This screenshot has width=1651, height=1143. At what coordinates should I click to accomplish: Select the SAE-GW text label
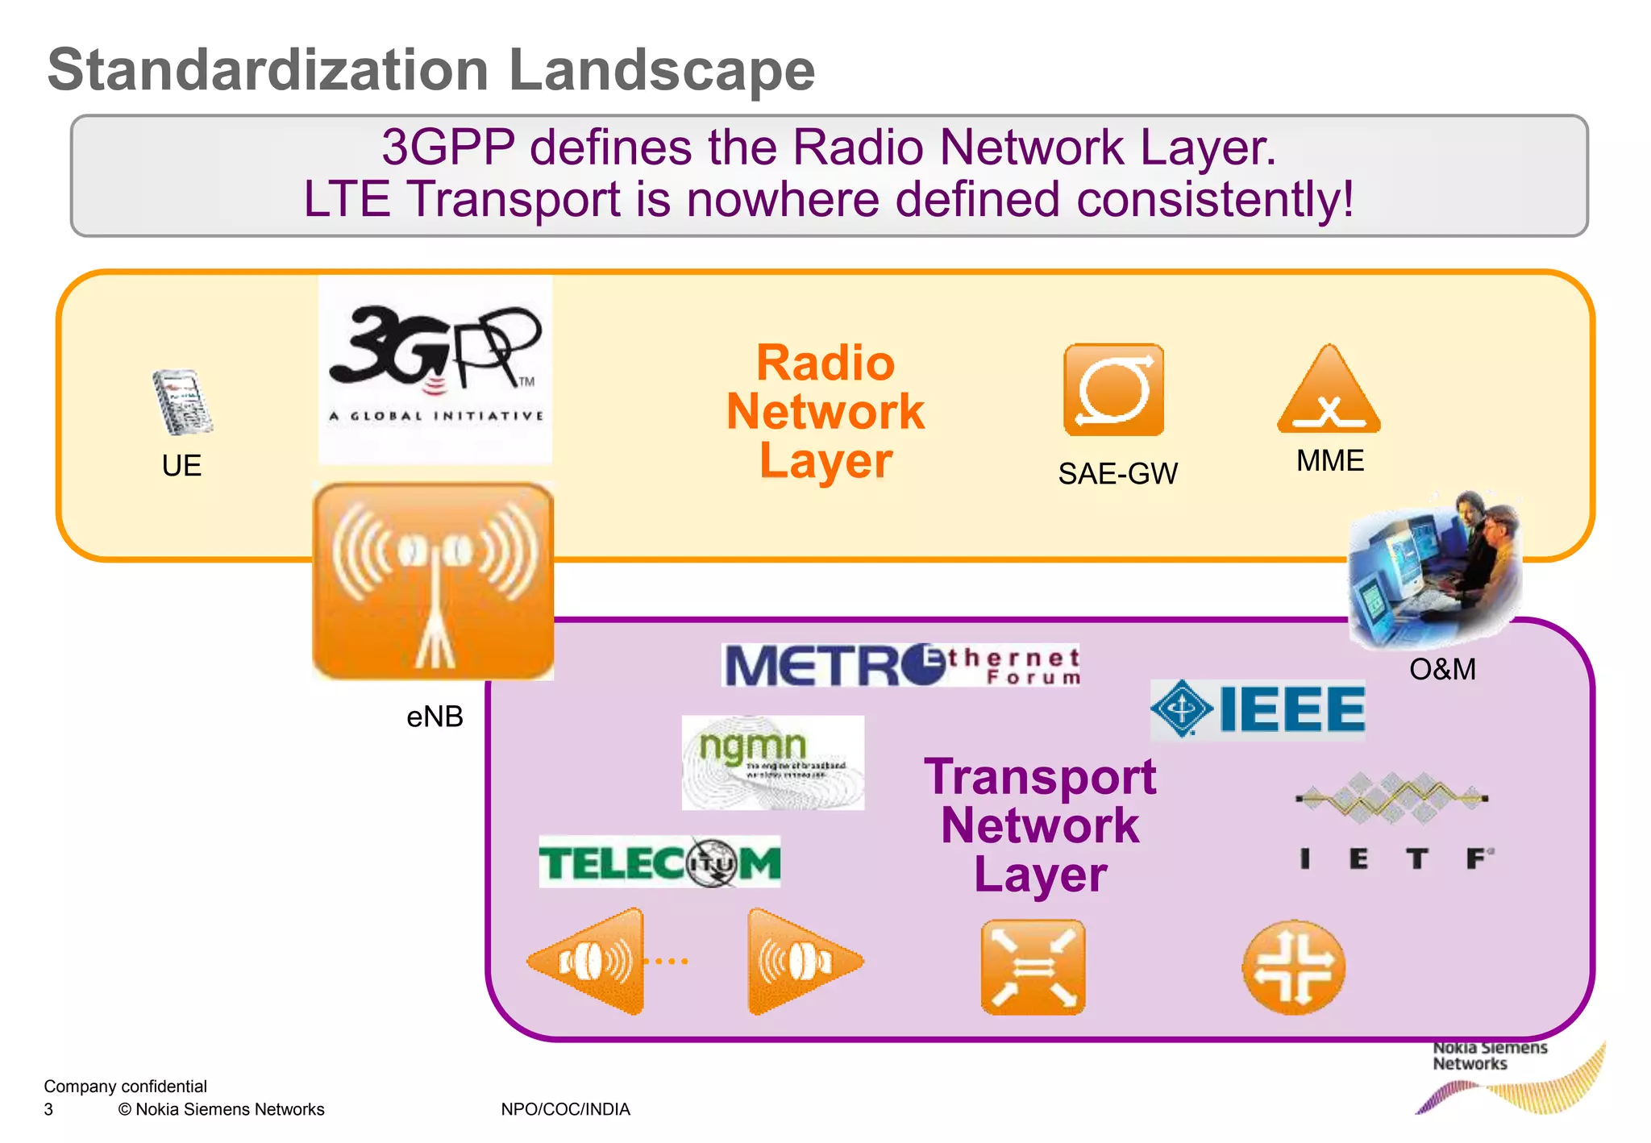click(x=1117, y=474)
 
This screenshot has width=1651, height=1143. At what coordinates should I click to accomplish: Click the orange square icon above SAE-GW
click(x=1113, y=389)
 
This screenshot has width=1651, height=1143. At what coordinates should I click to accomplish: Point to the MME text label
click(x=1329, y=461)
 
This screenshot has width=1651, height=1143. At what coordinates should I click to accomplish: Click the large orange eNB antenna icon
click(x=433, y=580)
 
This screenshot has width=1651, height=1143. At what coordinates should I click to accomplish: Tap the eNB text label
click(x=435, y=717)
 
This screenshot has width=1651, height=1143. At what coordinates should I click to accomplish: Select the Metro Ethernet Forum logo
click(x=900, y=666)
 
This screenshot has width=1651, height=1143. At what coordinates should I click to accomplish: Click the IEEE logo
click(x=1258, y=709)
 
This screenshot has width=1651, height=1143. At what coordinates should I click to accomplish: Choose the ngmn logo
click(x=772, y=762)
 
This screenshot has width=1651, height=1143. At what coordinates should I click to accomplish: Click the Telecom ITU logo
click(x=659, y=862)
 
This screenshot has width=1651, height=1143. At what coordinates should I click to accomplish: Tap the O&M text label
click(x=1442, y=670)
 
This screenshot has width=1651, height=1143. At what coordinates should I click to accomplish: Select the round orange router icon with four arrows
click(x=1293, y=967)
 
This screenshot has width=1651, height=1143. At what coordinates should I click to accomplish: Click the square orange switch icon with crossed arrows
click(x=1033, y=967)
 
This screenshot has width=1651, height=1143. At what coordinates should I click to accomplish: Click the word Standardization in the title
click(x=268, y=70)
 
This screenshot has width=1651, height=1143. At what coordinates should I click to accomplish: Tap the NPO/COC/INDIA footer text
click(x=565, y=1109)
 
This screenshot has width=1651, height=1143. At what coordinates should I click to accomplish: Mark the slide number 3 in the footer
click(x=48, y=1109)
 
